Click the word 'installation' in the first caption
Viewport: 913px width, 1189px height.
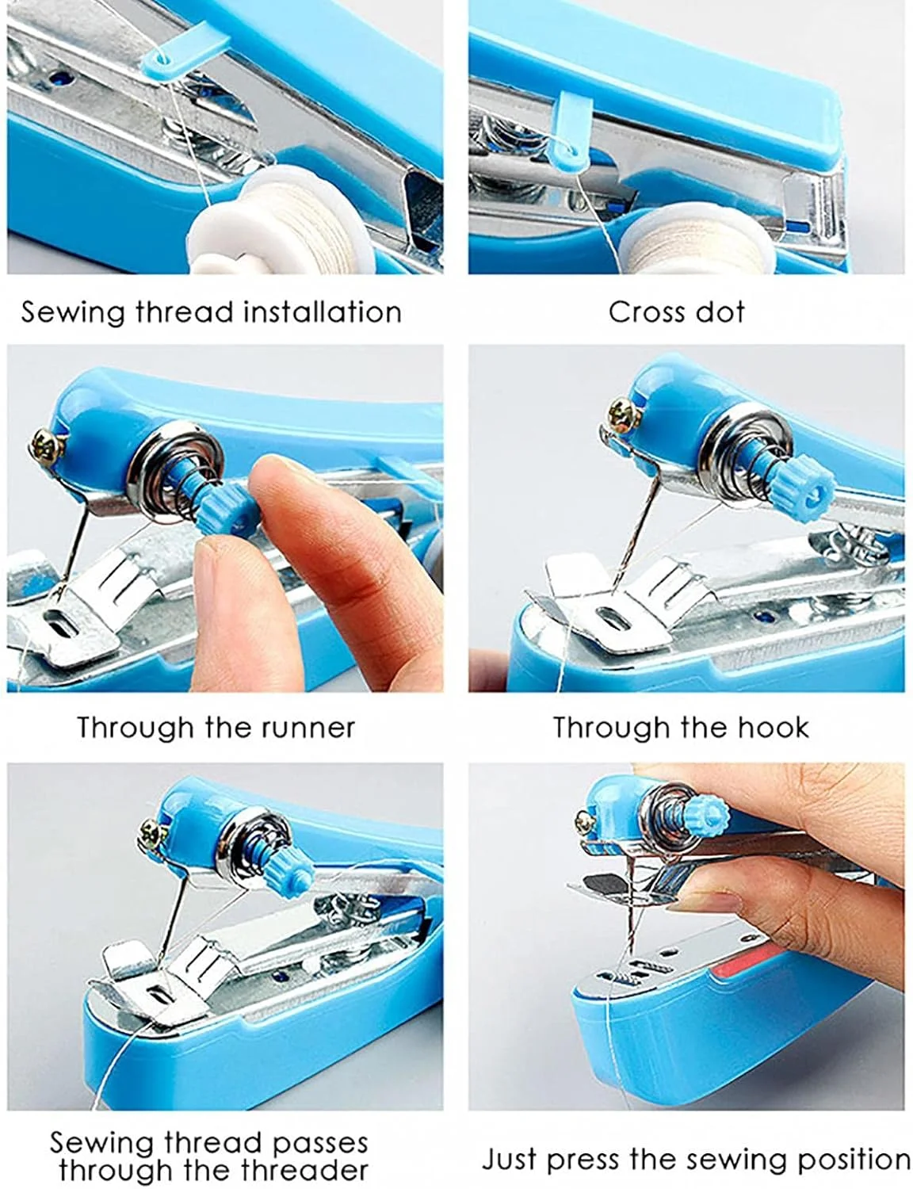coord(323,312)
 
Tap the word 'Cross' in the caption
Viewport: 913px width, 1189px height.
coord(640,312)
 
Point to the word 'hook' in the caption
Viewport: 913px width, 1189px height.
coord(773,728)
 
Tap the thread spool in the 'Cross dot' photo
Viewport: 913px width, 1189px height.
coord(696,239)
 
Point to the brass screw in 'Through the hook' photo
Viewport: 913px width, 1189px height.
coord(625,416)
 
